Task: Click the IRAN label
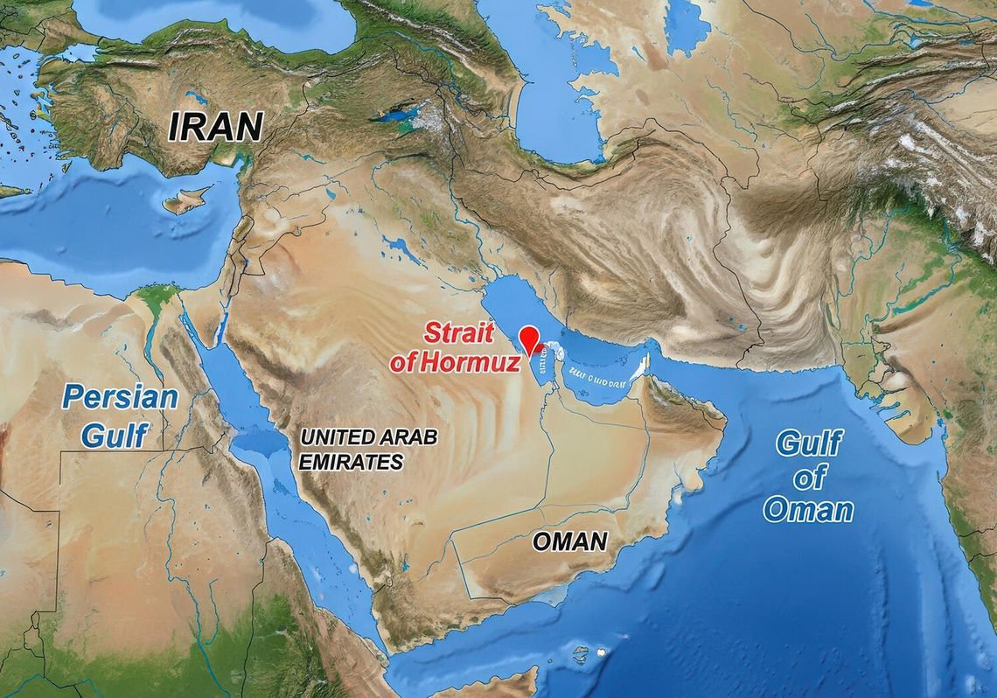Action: (x=215, y=128)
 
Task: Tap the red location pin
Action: (x=528, y=339)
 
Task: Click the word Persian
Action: (x=120, y=397)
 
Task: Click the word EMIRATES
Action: (x=351, y=462)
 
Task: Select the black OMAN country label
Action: (x=569, y=541)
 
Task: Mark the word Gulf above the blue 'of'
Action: (x=808, y=444)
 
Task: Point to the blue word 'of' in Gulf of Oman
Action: (x=809, y=478)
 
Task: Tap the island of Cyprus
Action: (x=185, y=201)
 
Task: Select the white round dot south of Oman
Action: (x=602, y=653)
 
